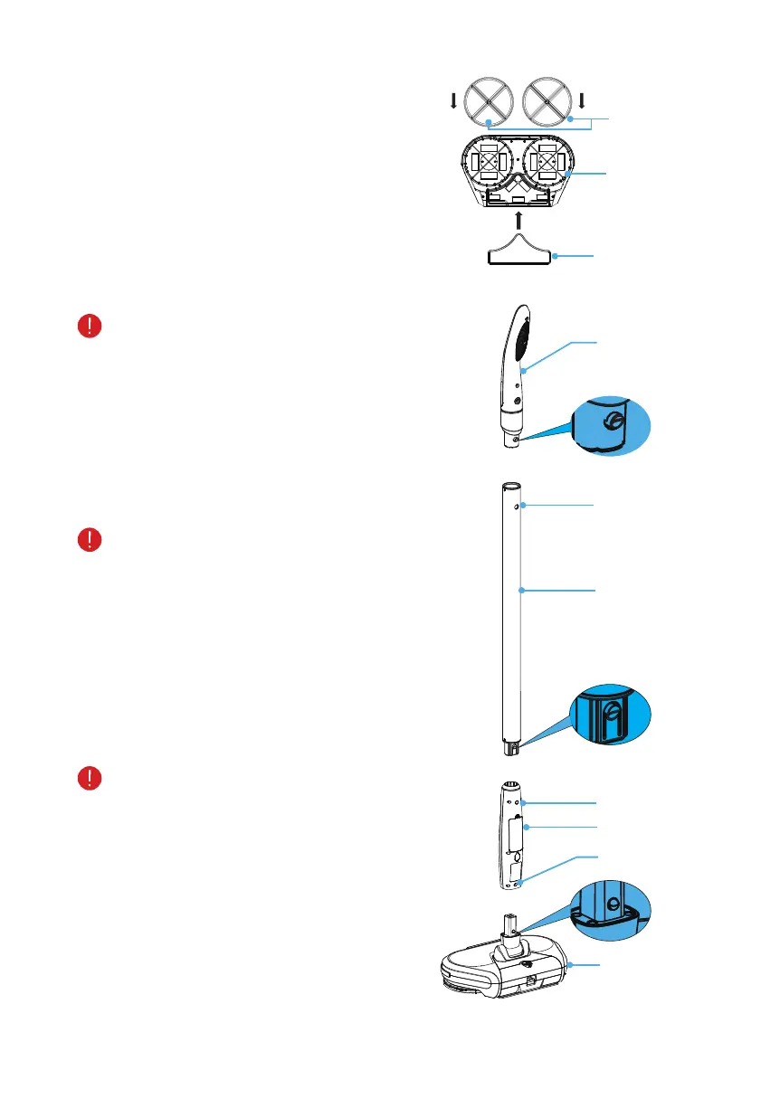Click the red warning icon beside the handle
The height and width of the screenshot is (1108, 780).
(x=90, y=327)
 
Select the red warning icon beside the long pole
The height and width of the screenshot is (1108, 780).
(x=90, y=541)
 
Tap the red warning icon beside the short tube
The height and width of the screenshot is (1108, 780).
(x=90, y=778)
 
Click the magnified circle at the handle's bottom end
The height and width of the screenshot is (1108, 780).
(x=611, y=425)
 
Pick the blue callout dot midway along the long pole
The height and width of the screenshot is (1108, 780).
(x=522, y=591)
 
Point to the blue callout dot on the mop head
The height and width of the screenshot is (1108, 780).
(x=570, y=967)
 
